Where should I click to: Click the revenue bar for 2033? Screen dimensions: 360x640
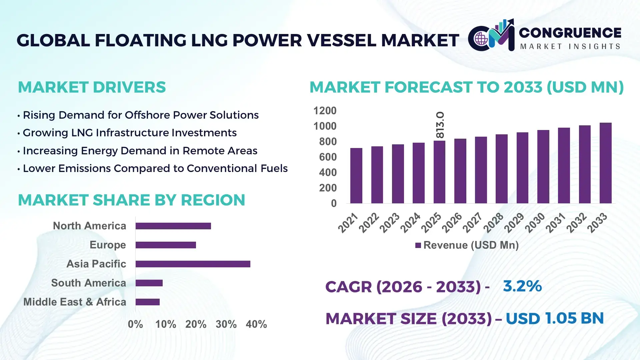point(605,163)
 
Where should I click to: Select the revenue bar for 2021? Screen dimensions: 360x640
point(356,176)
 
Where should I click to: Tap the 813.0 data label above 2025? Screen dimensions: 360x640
point(440,125)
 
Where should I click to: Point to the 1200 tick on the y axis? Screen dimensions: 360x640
point(325,111)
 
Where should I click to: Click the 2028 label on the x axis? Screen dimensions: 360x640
point(494,222)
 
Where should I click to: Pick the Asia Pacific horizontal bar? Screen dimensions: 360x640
point(193,264)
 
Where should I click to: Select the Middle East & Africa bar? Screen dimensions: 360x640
point(147,302)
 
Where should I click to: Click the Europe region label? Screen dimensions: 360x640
point(108,245)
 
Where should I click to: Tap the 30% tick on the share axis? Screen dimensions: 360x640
point(226,324)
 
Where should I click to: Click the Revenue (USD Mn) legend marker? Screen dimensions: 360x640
point(418,245)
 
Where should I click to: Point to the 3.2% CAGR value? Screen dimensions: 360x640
point(522,286)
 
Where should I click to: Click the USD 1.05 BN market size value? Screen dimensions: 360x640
point(554,318)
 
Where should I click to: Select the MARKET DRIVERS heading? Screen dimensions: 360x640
point(92,87)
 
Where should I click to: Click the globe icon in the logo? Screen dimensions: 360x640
point(481,39)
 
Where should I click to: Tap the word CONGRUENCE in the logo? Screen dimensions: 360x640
point(570,33)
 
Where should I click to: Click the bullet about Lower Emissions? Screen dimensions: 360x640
point(155,168)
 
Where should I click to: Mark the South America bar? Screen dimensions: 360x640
point(149,283)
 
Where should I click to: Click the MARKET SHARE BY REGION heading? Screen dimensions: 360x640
point(131,200)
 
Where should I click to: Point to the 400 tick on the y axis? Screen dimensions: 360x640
point(328,172)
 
